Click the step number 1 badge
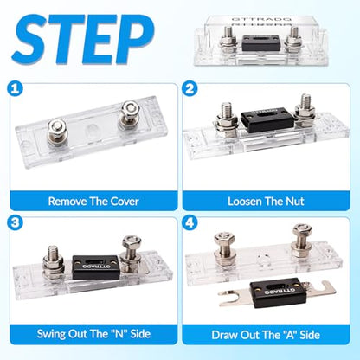click(15, 88)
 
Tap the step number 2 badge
click(190, 88)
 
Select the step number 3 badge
click(15, 223)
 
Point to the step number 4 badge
click(190, 223)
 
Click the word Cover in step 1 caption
click(125, 202)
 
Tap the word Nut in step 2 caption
click(295, 202)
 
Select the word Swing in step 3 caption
click(51, 334)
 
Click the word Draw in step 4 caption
click(224, 335)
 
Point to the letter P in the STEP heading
click(135, 40)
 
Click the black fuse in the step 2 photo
click(267, 120)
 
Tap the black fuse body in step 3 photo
click(96, 267)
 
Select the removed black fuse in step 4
click(277, 293)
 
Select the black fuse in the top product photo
click(261, 43)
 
